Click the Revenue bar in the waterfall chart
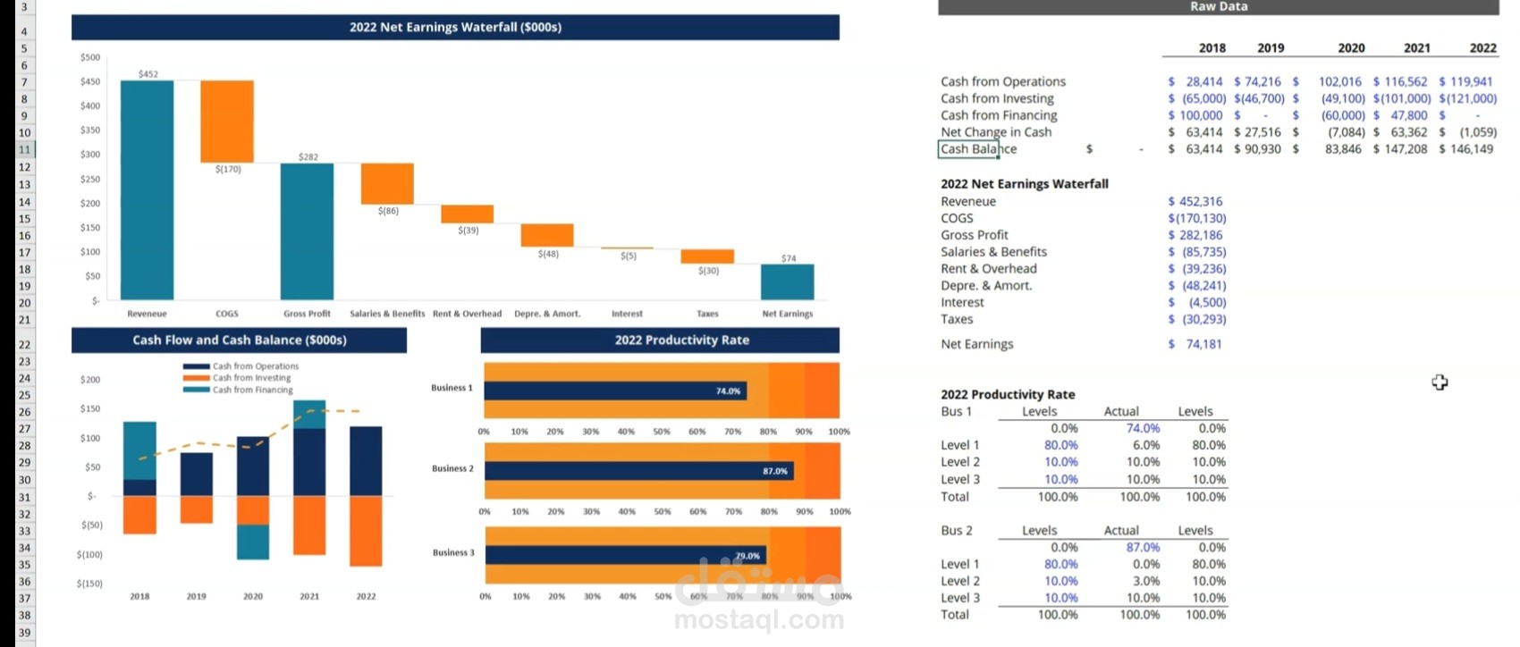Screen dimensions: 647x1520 point(147,189)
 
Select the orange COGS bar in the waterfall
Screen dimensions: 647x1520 point(226,122)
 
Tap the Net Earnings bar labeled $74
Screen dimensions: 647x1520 point(787,281)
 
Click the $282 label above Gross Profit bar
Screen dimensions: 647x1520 point(308,157)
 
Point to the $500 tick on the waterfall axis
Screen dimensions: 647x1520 point(90,57)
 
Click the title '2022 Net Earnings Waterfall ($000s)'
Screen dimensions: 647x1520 point(455,27)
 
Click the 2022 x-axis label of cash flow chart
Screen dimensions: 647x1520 point(366,596)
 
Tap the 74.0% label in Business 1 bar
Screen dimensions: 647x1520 point(728,391)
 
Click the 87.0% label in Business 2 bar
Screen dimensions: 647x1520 point(775,471)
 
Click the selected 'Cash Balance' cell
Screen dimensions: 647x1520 point(968,149)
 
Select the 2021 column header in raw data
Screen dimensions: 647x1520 point(1416,48)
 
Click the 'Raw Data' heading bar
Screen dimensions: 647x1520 point(1218,7)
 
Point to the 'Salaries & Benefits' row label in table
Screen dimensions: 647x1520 point(993,252)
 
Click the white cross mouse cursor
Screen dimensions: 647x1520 point(1439,382)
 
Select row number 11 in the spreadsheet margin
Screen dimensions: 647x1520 point(24,149)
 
